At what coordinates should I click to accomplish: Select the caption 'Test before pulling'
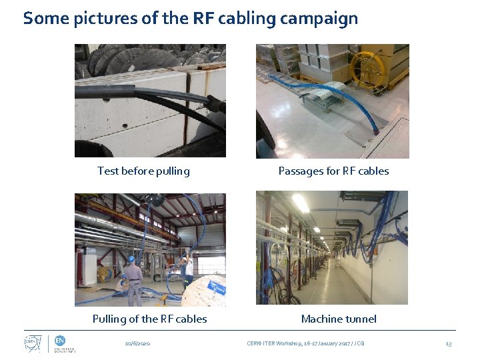(x=143, y=171)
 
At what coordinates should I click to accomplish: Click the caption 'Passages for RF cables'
(x=333, y=171)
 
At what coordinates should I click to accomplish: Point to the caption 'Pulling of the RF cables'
(x=149, y=319)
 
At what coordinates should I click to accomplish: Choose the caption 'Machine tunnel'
(x=339, y=319)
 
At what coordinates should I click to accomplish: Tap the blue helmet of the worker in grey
(x=132, y=259)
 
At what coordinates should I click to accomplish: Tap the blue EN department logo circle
(x=59, y=340)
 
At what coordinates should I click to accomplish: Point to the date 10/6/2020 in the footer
(x=138, y=343)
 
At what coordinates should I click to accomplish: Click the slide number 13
(x=448, y=343)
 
